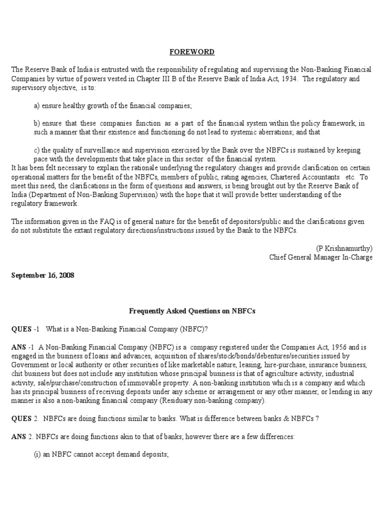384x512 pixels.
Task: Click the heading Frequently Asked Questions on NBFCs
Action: [x=192, y=311]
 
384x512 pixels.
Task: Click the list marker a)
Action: [x=37, y=106]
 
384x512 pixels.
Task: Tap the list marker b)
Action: [x=37, y=123]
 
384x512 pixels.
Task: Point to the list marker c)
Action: [x=37, y=151]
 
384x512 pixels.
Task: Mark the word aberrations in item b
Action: [x=284, y=132]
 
